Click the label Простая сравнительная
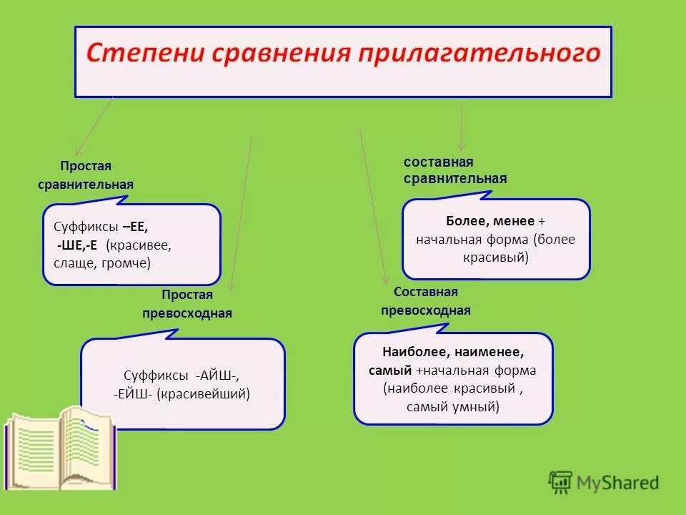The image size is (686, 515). [x=86, y=175]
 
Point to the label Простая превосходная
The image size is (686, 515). [x=197, y=304]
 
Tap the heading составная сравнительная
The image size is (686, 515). [x=454, y=171]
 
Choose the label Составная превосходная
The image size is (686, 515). [x=425, y=301]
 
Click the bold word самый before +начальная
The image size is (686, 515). [x=390, y=371]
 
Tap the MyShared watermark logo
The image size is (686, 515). [x=604, y=482]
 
